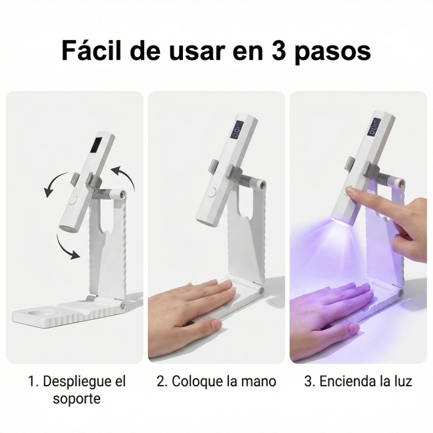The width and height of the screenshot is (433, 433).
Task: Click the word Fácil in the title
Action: [x=91, y=50]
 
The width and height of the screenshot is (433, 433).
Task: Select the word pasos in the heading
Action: [x=332, y=53]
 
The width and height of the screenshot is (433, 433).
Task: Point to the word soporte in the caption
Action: [x=77, y=399]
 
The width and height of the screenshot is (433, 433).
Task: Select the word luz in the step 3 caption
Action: [x=403, y=382]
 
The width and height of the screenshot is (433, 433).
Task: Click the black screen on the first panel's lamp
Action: [x=98, y=145]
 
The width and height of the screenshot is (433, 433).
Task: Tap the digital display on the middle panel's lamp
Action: [x=238, y=130]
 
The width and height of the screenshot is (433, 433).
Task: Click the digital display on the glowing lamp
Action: [x=374, y=127]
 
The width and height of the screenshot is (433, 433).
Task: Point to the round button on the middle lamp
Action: [x=212, y=192]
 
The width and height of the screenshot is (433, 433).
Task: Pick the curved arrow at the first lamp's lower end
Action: [x=67, y=247]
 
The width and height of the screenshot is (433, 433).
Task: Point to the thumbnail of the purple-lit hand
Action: [x=353, y=328]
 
